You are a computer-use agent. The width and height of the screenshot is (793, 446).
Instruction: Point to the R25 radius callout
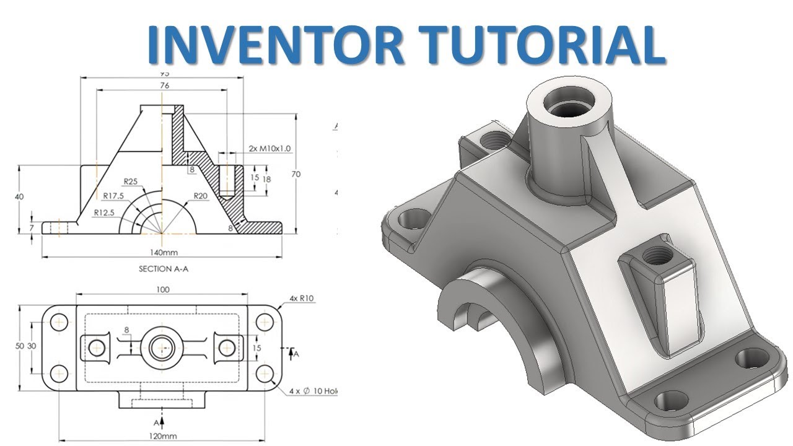tap(130, 182)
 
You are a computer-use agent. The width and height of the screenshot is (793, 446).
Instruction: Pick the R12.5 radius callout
tap(105, 212)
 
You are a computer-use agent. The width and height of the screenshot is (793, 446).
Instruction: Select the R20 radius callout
tap(200, 196)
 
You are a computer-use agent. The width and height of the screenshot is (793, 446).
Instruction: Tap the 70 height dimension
tap(296, 175)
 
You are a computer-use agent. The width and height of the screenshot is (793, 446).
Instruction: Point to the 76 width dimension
tap(164, 86)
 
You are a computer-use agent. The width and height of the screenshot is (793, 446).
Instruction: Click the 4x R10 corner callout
tap(302, 299)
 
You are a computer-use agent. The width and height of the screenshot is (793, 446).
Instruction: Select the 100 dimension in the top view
tap(162, 290)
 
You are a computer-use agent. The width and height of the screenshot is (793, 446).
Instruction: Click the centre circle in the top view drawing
tap(162, 348)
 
